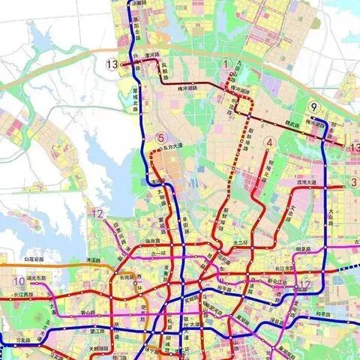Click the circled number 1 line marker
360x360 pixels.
[x=226, y=64]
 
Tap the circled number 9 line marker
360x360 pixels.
[x=315, y=106]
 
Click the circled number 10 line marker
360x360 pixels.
[x=18, y=281]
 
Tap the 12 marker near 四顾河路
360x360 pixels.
[x=98, y=214]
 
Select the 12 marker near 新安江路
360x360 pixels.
[x=304, y=283]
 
